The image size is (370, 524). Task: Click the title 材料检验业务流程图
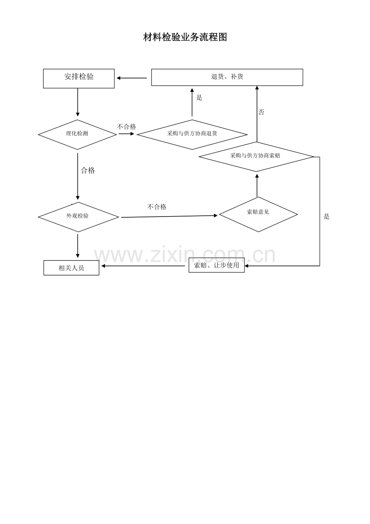[x=185, y=37]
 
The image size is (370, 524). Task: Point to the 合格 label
[x=88, y=170]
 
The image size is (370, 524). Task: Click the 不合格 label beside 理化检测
[x=126, y=127]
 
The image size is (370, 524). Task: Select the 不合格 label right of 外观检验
[x=157, y=207]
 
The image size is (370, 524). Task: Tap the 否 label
[x=261, y=112]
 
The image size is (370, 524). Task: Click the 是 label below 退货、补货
[x=199, y=98]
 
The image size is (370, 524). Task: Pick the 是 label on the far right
[x=327, y=217]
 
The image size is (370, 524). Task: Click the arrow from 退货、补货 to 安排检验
[x=132, y=78]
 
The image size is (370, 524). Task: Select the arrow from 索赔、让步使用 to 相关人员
[x=143, y=266]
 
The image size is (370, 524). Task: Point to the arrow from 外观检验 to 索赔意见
[x=169, y=217]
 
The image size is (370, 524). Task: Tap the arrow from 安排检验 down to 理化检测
[x=78, y=102]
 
